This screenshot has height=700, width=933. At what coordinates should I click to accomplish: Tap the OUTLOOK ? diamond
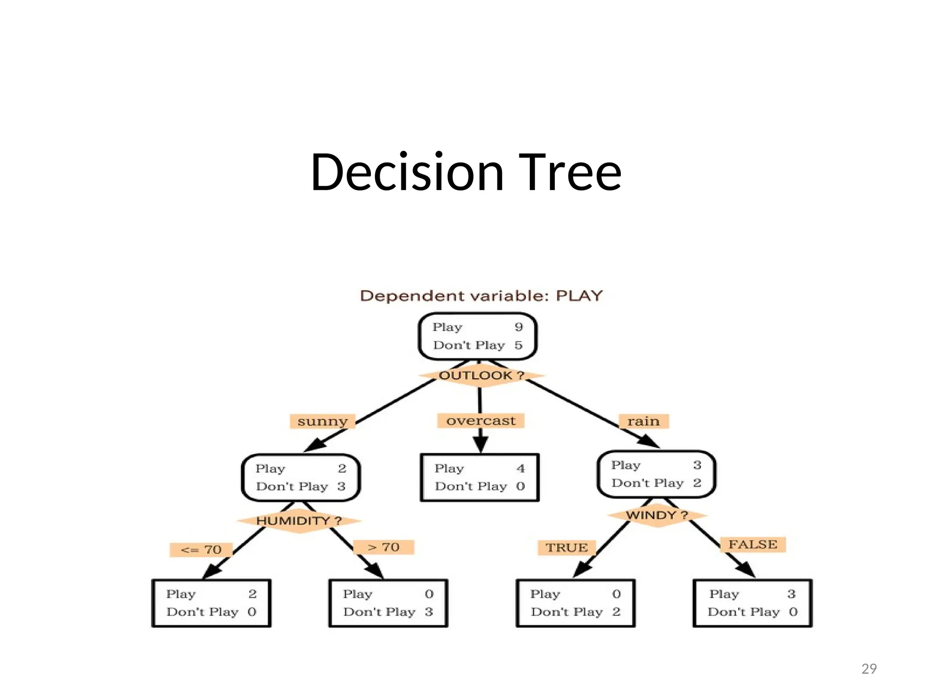pyautogui.click(x=481, y=376)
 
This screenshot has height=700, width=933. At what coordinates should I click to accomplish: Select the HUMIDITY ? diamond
pyautogui.click(x=298, y=520)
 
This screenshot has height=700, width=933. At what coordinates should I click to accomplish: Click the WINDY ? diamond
pyautogui.click(x=656, y=515)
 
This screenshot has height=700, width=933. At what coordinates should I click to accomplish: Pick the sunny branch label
pyautogui.click(x=322, y=421)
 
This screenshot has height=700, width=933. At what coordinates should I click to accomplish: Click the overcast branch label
pyautogui.click(x=481, y=421)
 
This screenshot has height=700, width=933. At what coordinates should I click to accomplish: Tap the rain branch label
pyautogui.click(x=643, y=421)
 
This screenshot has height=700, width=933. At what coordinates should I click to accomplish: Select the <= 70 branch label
pyautogui.click(x=201, y=550)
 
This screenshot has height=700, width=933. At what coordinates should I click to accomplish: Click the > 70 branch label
pyautogui.click(x=384, y=547)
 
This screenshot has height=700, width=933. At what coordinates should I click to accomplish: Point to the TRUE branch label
pyautogui.click(x=567, y=547)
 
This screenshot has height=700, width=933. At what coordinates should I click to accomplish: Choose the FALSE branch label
pyautogui.click(x=753, y=545)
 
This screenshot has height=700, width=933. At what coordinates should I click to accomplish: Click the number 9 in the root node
pyautogui.click(x=518, y=327)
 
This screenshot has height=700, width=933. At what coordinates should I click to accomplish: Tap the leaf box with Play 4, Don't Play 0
pyautogui.click(x=479, y=477)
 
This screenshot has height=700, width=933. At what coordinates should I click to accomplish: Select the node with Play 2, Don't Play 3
pyautogui.click(x=301, y=477)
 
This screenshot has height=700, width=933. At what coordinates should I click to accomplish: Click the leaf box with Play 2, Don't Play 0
pyautogui.click(x=211, y=603)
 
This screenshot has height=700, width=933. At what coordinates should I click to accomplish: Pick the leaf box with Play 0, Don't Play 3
pyautogui.click(x=388, y=603)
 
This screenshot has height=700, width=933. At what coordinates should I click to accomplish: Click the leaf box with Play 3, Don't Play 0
pyautogui.click(x=752, y=603)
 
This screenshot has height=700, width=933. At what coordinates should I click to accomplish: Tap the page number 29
pyautogui.click(x=869, y=669)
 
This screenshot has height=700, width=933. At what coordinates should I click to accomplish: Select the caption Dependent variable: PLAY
pyautogui.click(x=481, y=296)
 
